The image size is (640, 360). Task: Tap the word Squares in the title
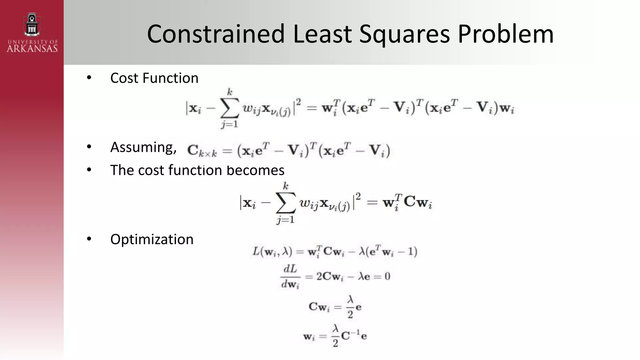tap(405, 34)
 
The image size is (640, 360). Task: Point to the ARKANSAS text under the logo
tap(32, 48)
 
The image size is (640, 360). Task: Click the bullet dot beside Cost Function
tap(89, 77)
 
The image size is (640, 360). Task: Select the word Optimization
tap(152, 239)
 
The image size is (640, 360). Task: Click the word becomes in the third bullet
tap(255, 170)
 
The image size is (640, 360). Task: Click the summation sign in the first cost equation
tap(230, 108)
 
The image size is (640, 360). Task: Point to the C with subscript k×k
tap(202, 151)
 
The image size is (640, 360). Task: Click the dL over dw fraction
tap(290, 276)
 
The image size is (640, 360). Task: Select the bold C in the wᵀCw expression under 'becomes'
tap(410, 202)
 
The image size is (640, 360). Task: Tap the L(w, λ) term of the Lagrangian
tap(272, 252)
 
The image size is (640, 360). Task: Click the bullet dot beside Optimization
tap(89, 239)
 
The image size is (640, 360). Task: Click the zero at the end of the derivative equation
tap(387, 276)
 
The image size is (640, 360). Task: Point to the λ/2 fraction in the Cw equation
tap(350, 307)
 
